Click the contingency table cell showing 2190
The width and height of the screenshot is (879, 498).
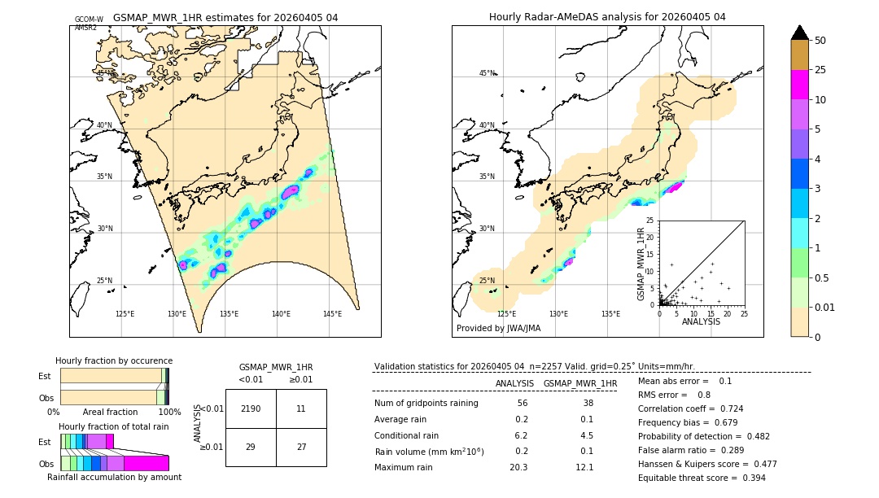pyautogui.click(x=251, y=408)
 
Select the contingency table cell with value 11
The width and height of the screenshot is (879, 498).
pyautogui.click(x=301, y=408)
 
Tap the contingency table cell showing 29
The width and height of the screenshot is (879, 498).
pyautogui.click(x=251, y=447)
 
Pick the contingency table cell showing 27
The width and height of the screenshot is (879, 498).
pyautogui.click(x=301, y=447)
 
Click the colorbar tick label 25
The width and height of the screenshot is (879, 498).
pyautogui.click(x=820, y=70)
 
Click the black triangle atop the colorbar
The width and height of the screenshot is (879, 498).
pyautogui.click(x=799, y=33)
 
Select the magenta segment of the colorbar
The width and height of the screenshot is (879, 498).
pyautogui.click(x=799, y=85)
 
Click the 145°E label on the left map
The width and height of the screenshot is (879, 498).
pyautogui.click(x=332, y=314)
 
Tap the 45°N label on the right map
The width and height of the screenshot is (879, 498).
pyautogui.click(x=487, y=73)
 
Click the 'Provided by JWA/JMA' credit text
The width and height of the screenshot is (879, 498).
pyautogui.click(x=498, y=328)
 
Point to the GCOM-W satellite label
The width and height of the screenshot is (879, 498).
pyautogui.click(x=89, y=19)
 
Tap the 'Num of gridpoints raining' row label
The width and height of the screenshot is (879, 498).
pyautogui.click(x=426, y=404)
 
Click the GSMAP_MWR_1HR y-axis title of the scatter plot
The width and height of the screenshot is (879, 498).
pyautogui.click(x=641, y=262)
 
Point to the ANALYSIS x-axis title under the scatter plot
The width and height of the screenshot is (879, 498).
pyautogui.click(x=701, y=321)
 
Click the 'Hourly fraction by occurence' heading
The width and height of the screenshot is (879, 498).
pyautogui.click(x=114, y=360)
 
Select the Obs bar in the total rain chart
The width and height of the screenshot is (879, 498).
pyautogui.click(x=115, y=463)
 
